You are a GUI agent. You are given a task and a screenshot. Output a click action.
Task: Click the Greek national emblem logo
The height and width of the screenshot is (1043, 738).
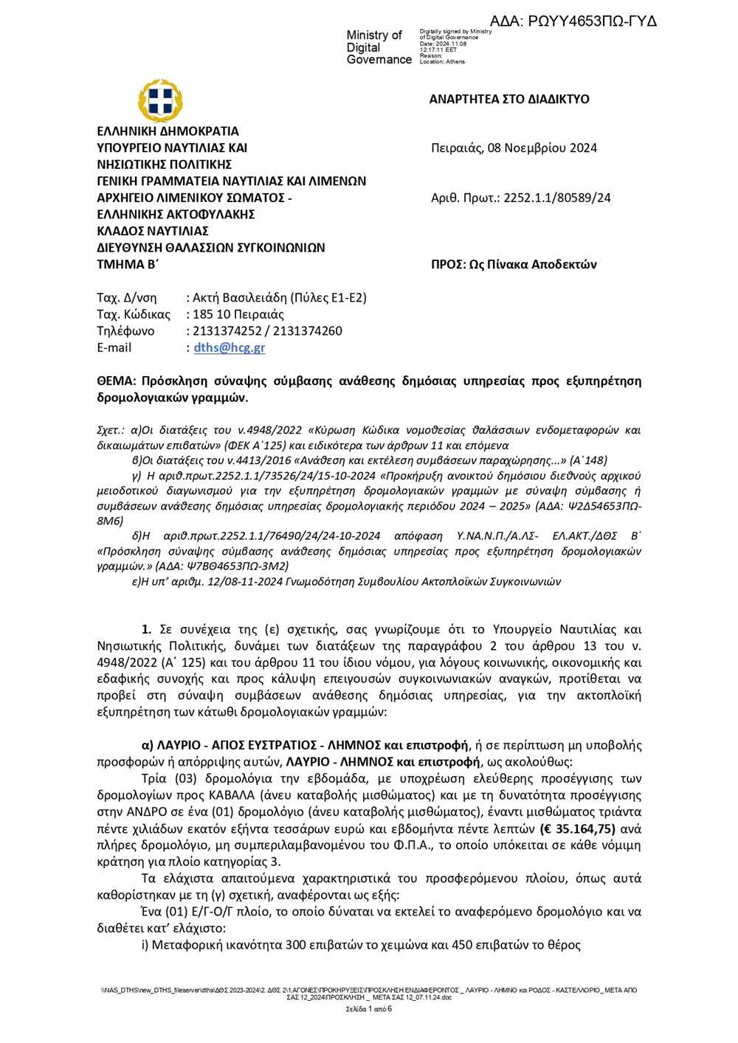point(159,100)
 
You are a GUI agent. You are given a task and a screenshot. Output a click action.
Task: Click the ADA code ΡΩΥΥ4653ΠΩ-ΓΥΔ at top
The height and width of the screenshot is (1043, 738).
point(573,21)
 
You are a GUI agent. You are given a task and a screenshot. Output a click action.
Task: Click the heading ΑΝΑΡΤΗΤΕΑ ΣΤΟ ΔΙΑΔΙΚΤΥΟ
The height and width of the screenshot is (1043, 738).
point(509,100)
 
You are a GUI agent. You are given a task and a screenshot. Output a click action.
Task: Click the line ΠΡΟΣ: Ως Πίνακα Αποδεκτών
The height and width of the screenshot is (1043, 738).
point(514,264)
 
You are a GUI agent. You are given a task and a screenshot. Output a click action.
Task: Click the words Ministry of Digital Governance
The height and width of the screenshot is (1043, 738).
point(379,47)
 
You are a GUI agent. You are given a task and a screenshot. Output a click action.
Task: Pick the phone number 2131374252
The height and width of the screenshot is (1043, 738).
point(224,331)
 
